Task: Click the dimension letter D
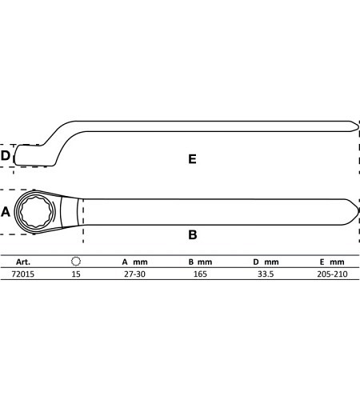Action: pos(6,155)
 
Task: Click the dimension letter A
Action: pos(6,212)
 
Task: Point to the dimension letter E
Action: pos(192,159)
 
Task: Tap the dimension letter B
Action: pos(193,235)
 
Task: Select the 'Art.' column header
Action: pos(23,262)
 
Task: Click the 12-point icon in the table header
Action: pos(76,262)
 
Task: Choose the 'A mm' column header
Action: pos(134,262)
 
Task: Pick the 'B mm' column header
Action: pos(200,262)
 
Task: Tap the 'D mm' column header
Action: pos(266,262)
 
